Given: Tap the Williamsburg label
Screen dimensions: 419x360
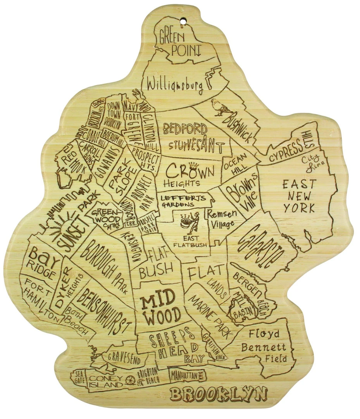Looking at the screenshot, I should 175,85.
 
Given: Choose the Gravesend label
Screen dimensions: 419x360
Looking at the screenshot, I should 124,357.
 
